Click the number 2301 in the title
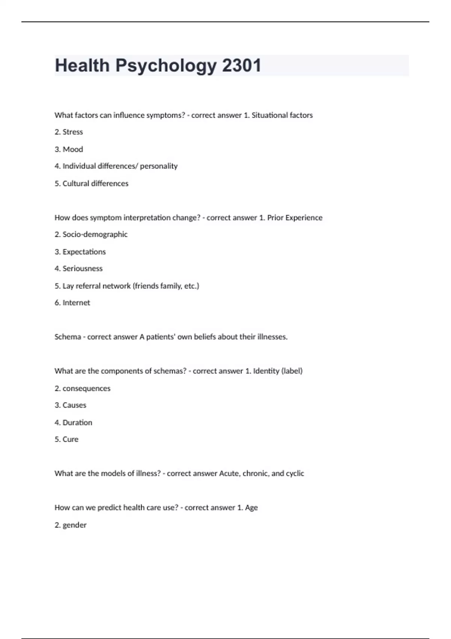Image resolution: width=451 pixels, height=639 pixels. tap(241, 65)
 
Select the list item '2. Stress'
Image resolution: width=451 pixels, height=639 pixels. tap(69, 132)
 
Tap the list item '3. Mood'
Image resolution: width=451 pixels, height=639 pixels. tap(69, 149)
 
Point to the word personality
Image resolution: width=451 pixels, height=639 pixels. tap(159, 166)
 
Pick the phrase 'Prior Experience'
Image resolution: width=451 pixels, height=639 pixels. tap(295, 218)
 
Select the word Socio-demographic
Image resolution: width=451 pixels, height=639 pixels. tap(95, 235)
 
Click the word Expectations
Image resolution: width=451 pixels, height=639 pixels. tap(84, 252)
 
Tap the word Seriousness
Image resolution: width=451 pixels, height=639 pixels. tap(83, 269)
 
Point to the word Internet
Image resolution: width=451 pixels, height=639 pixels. tap(76, 303)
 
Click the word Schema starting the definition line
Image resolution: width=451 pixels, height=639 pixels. tap(68, 337)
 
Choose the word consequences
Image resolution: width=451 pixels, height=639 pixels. tap(86, 389)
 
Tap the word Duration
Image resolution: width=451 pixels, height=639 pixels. tap(77, 422)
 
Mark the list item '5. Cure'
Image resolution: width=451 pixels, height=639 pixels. tap(67, 439)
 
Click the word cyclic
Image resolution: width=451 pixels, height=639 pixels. tap(295, 474)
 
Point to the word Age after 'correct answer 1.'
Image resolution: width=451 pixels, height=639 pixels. tap(251, 508)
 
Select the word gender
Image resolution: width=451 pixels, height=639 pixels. tap(74, 525)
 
